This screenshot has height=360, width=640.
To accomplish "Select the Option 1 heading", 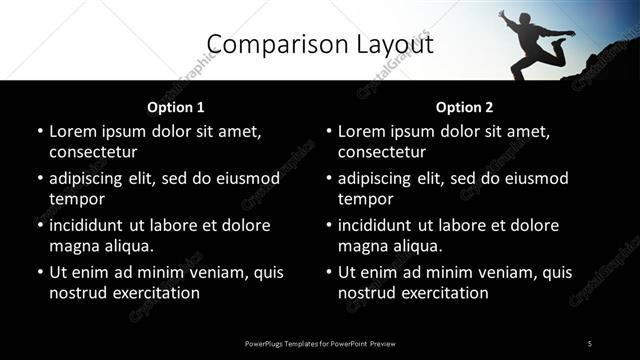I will (175, 106).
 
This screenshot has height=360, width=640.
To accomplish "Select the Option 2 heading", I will (464, 106).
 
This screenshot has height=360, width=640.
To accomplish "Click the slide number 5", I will (590, 343).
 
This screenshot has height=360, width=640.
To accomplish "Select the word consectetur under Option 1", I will (93, 152).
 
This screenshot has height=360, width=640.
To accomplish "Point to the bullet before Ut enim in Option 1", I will (38, 272).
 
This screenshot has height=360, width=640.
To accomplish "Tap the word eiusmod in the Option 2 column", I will (533, 178).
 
